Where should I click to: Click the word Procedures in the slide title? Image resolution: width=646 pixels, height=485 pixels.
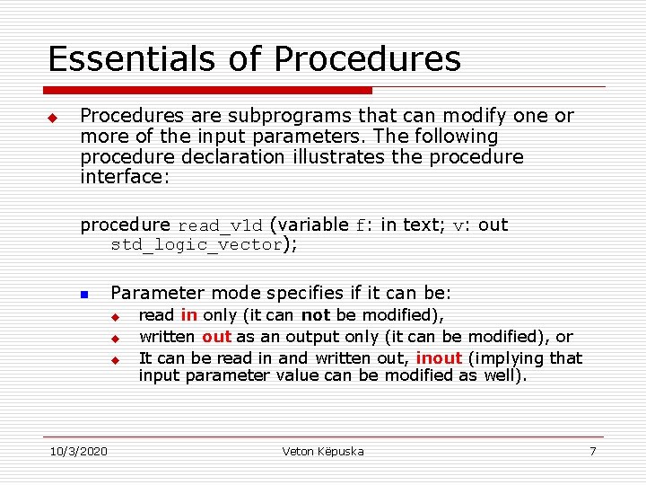click(x=368, y=59)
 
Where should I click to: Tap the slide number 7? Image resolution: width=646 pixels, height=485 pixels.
click(x=593, y=451)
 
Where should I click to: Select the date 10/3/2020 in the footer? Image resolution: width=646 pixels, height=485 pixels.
click(x=77, y=451)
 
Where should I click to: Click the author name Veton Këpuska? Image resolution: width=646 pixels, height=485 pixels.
click(x=323, y=451)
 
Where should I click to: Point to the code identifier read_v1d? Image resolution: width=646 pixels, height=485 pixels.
click(x=221, y=226)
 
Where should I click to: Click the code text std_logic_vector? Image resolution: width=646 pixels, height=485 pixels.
click(x=196, y=245)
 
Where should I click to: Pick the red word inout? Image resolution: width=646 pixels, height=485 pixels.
click(x=439, y=357)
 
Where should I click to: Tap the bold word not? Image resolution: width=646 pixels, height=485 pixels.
click(x=315, y=315)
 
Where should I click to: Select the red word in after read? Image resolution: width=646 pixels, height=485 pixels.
click(x=189, y=315)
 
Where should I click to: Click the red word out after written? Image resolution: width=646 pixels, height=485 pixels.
click(x=216, y=337)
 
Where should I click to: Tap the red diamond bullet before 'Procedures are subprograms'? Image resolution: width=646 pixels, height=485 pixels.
click(x=52, y=118)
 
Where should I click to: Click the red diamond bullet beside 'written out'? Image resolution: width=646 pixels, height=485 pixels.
click(x=115, y=338)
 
